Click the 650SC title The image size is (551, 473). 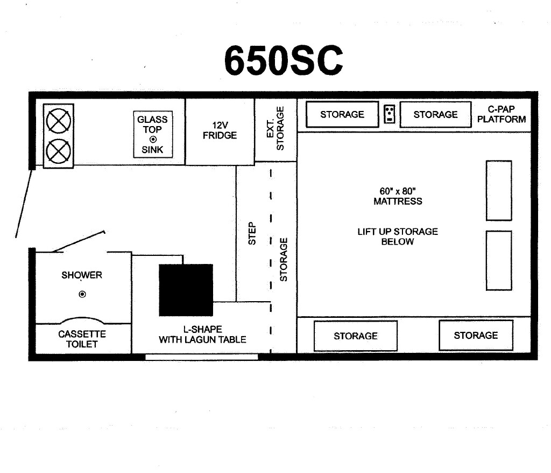click(283, 60)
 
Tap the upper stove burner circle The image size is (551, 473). click(58, 121)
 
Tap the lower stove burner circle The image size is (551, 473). click(58, 151)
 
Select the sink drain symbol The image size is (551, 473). click(153, 140)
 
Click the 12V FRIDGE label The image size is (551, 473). click(220, 130)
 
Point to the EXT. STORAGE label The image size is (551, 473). click(275, 128)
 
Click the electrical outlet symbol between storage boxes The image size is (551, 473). click(390, 114)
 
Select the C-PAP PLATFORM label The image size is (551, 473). click(501, 114)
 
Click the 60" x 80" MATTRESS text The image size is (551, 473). click(398, 196)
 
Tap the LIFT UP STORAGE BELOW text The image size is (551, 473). click(398, 236)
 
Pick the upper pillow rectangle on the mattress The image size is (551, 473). click(499, 191)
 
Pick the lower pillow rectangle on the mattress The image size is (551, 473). click(499, 260)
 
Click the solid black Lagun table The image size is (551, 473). click(186, 290)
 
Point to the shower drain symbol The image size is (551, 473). click(82, 294)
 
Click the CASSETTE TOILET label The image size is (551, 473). click(82, 339)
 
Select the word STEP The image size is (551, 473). click(252, 233)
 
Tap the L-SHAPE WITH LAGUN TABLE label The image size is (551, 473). click(202, 335)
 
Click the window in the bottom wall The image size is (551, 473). click(202, 357)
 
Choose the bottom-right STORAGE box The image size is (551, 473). click(476, 336)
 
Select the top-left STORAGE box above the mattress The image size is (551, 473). click(342, 114)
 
